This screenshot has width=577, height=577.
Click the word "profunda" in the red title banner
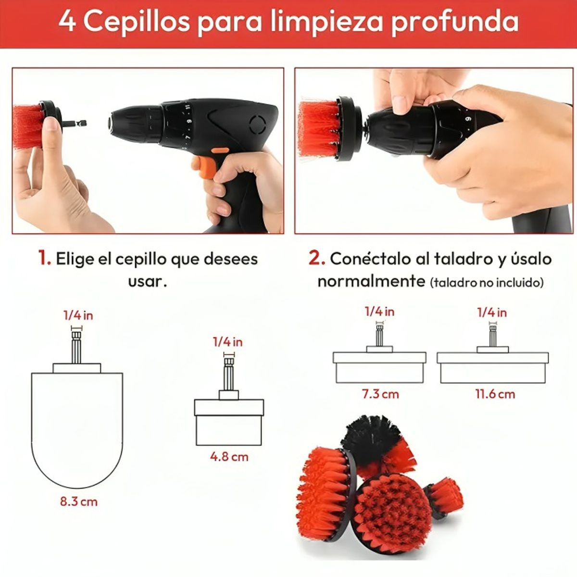[455, 22]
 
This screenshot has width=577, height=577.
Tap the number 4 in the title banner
[67, 22]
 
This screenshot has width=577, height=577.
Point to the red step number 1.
[45, 259]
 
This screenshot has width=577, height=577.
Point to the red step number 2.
[316, 258]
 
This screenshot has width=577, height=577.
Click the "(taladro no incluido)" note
[487, 282]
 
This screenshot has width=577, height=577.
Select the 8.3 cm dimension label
[79, 502]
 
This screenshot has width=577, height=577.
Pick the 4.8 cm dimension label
[229, 456]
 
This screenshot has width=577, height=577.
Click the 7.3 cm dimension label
[380, 394]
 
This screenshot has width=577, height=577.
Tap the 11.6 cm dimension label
[495, 394]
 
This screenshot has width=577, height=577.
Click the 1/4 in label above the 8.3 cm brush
[78, 315]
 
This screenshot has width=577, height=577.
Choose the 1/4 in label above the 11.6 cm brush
[492, 313]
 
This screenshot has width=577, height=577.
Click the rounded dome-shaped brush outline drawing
[77, 423]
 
